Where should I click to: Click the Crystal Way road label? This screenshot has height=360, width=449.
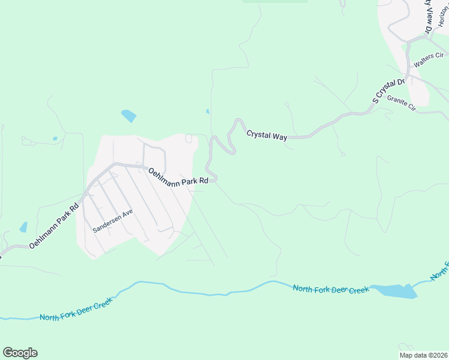click(x=267, y=136)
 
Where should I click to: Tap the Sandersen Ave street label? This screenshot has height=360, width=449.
click(x=112, y=220)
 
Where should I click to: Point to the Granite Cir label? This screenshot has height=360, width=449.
click(x=402, y=103)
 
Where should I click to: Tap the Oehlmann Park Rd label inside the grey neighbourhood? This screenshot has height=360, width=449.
click(x=178, y=176)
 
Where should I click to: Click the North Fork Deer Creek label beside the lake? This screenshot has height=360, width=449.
click(x=331, y=289)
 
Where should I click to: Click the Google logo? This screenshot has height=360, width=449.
click(x=20, y=353)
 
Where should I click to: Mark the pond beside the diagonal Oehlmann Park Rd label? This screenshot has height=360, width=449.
click(x=24, y=227)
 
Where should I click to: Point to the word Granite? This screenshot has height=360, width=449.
click(x=397, y=101)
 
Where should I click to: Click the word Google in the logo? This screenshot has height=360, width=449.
click(x=20, y=353)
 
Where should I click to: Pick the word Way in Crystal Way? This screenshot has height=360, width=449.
click(x=280, y=137)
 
